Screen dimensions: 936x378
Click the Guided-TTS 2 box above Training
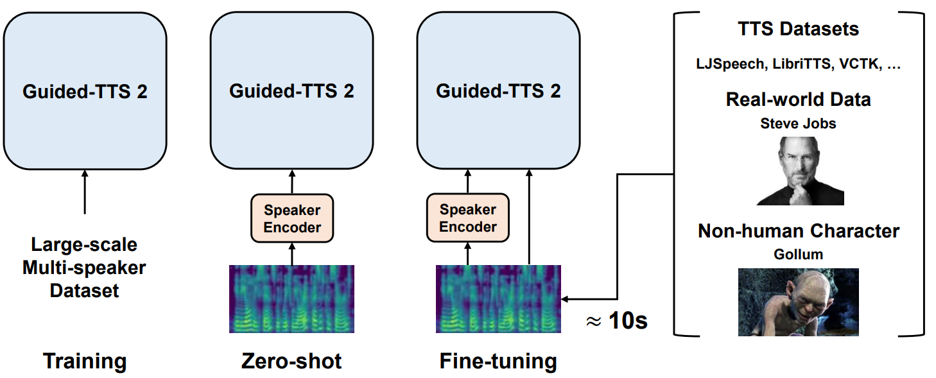85,91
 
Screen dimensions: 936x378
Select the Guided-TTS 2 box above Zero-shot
291,90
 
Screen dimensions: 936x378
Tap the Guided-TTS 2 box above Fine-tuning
498,90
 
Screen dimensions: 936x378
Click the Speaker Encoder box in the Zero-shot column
292,218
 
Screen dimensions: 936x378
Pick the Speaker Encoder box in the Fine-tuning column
467,218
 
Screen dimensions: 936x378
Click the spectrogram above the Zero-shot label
291,299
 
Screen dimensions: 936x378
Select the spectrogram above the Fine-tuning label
498,299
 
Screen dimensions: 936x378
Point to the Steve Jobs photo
800,171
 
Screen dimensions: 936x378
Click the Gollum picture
798,302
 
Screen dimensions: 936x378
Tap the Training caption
85,361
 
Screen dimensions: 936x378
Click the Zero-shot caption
291,361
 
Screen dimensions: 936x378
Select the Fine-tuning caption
498,361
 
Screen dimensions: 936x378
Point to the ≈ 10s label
617,321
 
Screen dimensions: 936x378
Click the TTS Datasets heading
798,29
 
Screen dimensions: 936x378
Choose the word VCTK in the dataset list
860,64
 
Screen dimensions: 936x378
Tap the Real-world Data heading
798,99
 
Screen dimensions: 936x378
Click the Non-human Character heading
798,230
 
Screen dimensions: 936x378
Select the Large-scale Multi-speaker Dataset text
84,268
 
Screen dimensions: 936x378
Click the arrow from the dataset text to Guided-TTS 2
85,192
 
